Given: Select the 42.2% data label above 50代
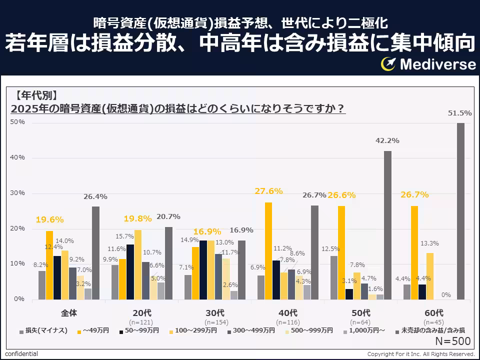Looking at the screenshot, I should click(387, 140).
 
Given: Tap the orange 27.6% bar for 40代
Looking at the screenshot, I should click(268, 251).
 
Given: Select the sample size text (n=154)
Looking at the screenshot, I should click(215, 322).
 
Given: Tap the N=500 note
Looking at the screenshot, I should click(452, 341).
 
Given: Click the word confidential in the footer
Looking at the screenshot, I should click(21, 354).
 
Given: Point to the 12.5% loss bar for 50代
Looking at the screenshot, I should click(334, 277).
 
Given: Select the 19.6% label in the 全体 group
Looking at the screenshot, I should click(49, 219).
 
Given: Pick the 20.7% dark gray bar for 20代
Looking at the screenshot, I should click(168, 263).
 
